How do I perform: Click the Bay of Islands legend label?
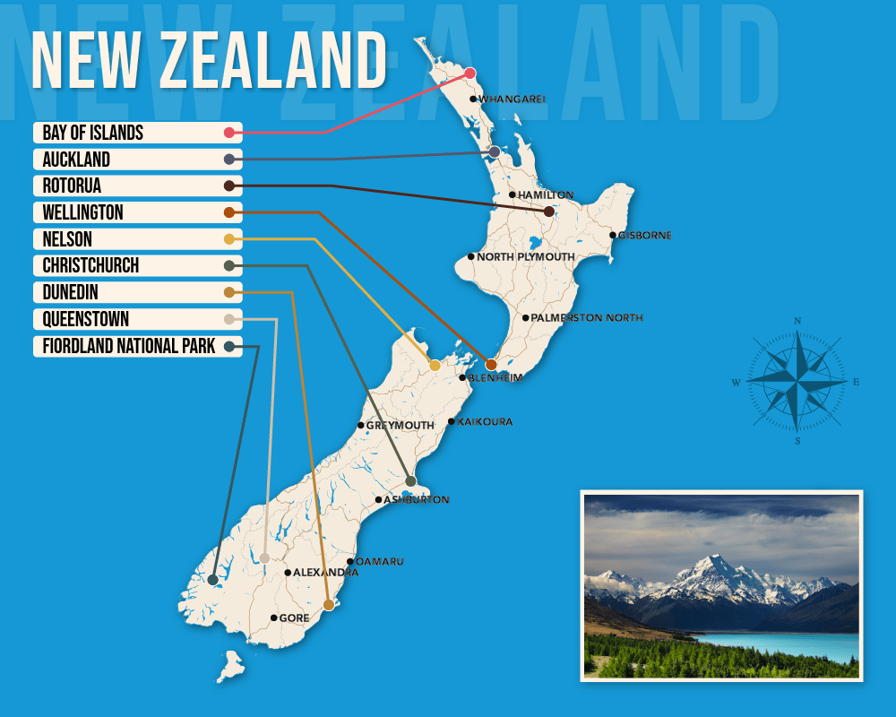[93, 133]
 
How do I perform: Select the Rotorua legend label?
[73, 186]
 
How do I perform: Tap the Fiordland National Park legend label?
[129, 346]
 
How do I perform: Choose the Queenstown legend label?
[86, 319]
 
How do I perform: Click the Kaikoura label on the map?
[485, 421]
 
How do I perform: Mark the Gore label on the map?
[294, 618]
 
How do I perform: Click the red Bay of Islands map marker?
[470, 73]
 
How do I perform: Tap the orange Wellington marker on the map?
[491, 365]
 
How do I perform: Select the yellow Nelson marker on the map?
[435, 366]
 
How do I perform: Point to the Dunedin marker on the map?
[329, 606]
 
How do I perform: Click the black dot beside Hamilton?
[513, 194]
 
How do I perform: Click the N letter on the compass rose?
[797, 321]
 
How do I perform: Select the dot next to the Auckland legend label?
[229, 160]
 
